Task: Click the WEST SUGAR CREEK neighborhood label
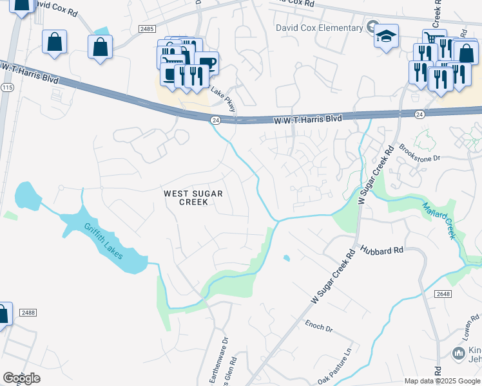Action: click(x=186, y=198)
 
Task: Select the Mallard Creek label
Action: click(x=439, y=220)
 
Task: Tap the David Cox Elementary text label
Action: click(x=319, y=28)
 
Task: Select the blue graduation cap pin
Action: click(x=387, y=35)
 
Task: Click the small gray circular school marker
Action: click(x=372, y=27)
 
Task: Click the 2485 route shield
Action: click(x=147, y=29)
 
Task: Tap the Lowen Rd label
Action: click(x=470, y=327)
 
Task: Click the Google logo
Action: click(x=21, y=378)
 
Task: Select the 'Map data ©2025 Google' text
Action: click(x=442, y=381)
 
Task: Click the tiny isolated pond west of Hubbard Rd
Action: click(x=286, y=259)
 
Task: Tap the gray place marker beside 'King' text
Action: click(x=458, y=353)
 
